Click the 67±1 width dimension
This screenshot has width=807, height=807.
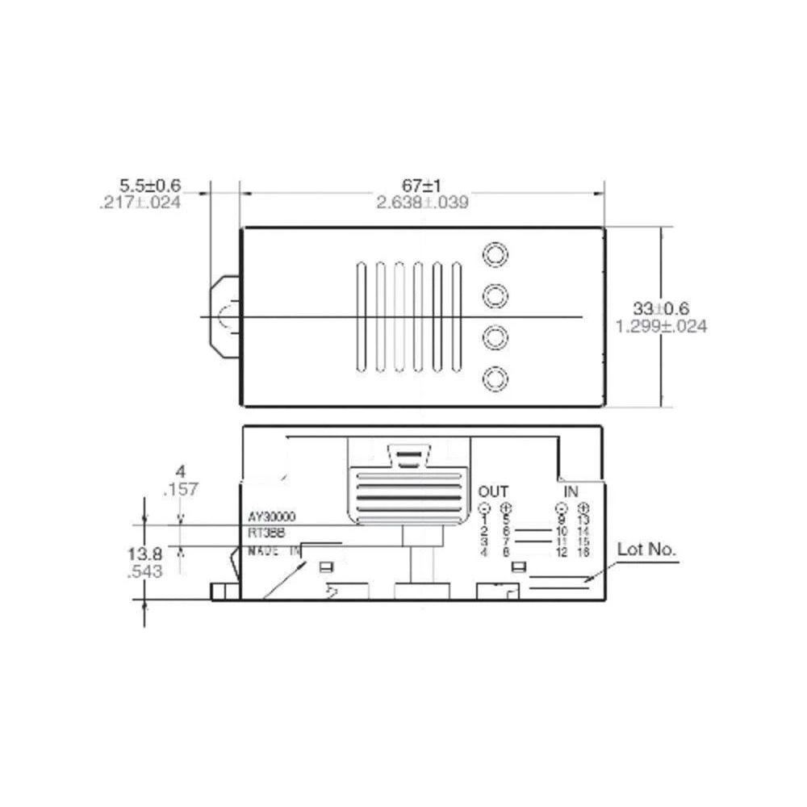pos(422,186)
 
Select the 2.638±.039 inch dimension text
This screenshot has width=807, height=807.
pos(422,202)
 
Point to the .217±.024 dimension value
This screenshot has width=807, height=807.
pos(140,203)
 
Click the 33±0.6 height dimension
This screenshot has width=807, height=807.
pos(661,308)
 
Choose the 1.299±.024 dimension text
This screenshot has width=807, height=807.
pos(661,326)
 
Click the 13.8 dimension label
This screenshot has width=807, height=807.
pos(145,554)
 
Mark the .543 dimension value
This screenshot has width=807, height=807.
pos(145,571)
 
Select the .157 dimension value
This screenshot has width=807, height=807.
pos(180,489)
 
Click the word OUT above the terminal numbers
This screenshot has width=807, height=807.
pos(493,491)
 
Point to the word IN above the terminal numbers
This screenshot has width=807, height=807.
pos(571,491)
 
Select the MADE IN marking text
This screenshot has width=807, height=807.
pos(274,550)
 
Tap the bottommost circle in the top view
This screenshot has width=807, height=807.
pos(495,378)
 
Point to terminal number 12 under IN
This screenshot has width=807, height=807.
pos(562,553)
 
